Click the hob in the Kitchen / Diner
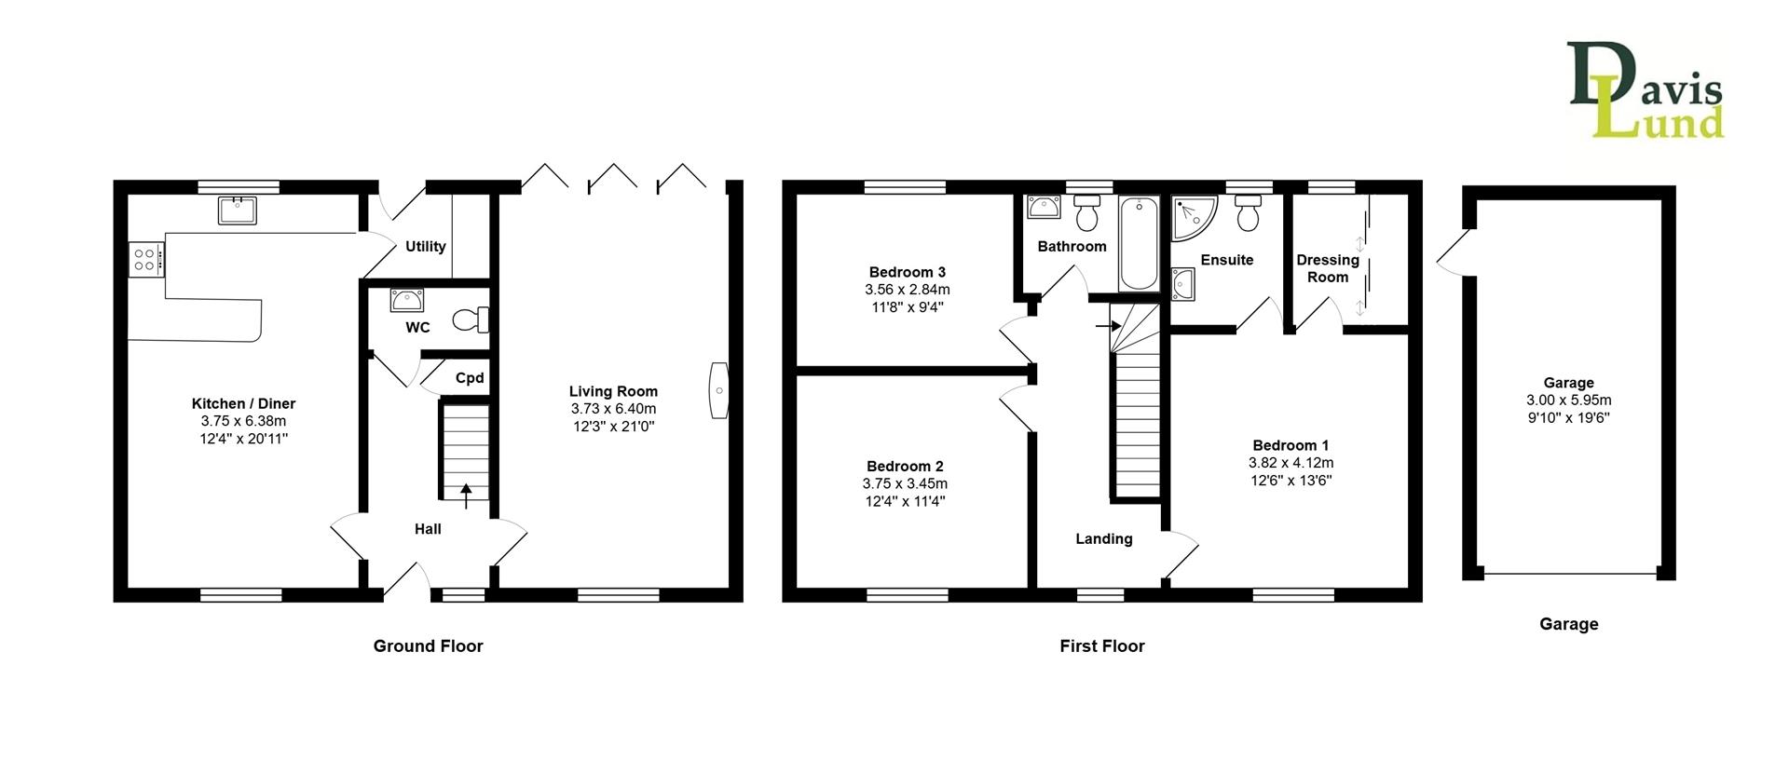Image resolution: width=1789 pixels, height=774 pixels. (x=145, y=258)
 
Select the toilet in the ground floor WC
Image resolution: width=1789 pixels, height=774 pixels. (x=471, y=320)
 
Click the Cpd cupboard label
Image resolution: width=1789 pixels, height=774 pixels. (x=470, y=378)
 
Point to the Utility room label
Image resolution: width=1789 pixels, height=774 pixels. (x=425, y=247)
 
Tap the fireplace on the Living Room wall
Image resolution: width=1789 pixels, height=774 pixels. (x=718, y=390)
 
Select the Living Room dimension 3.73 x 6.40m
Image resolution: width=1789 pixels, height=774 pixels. (x=613, y=409)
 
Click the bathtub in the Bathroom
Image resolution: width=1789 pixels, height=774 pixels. (x=1138, y=244)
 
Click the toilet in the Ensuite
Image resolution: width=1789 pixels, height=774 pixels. (x=1249, y=215)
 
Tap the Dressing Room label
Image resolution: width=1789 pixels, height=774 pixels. (x=1328, y=268)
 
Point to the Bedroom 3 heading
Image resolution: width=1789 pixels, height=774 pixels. (x=907, y=272)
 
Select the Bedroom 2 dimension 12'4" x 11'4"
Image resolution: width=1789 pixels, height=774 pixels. (x=905, y=501)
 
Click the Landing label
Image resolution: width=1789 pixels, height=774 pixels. (x=1104, y=538)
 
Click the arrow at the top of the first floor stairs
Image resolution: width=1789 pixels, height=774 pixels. (x=1107, y=326)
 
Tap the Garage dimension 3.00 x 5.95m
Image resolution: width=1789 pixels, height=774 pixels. (x=1568, y=401)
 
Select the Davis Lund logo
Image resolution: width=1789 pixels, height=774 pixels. (x=1645, y=91)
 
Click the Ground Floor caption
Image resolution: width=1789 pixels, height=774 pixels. (x=428, y=645)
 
